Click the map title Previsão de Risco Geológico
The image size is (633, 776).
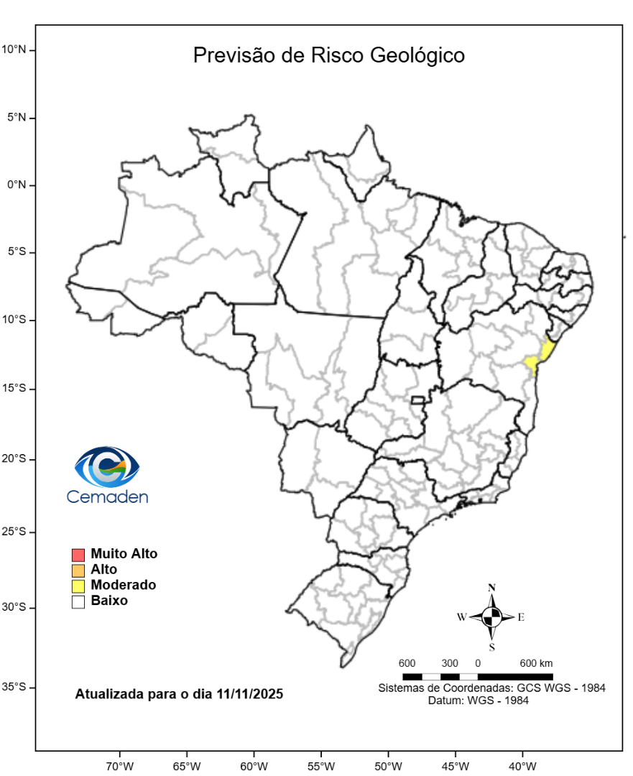pos(328,55)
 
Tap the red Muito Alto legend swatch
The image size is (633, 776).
pos(78,555)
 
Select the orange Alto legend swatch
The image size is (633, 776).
pos(78,571)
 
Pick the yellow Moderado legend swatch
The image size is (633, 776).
pos(78,586)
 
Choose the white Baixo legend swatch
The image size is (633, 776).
pos(78,602)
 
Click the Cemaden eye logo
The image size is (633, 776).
pos(107,466)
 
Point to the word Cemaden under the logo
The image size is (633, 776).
pos(107,496)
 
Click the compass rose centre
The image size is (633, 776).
pos(492,616)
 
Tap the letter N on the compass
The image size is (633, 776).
pos(492,588)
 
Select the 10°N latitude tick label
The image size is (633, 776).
pos(14,50)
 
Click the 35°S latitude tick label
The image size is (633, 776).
pos(14,687)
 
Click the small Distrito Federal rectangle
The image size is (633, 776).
pos(417,399)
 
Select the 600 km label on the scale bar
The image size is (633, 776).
pos(536,662)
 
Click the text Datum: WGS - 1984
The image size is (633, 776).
pos(478,701)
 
